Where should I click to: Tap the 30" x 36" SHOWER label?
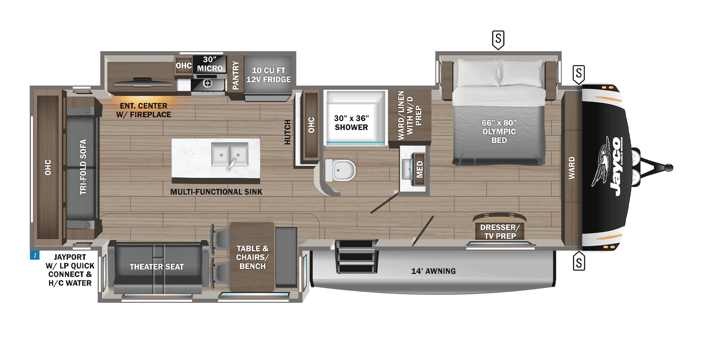351,123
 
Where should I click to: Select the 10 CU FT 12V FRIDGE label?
268,75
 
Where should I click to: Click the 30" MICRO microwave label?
210,64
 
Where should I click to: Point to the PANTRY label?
235,75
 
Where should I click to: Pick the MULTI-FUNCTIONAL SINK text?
216,192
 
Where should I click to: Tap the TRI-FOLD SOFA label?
83,167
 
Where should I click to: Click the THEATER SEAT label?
156,267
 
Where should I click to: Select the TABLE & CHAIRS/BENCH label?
252,257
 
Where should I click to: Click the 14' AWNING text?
433,271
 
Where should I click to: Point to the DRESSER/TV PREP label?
500,232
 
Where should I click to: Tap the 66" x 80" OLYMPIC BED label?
499,131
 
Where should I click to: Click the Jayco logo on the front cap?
612,167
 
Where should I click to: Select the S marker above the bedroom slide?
498,40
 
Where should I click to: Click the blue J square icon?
34,255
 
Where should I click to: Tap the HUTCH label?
287,132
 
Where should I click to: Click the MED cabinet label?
420,169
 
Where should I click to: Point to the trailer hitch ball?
669,168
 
